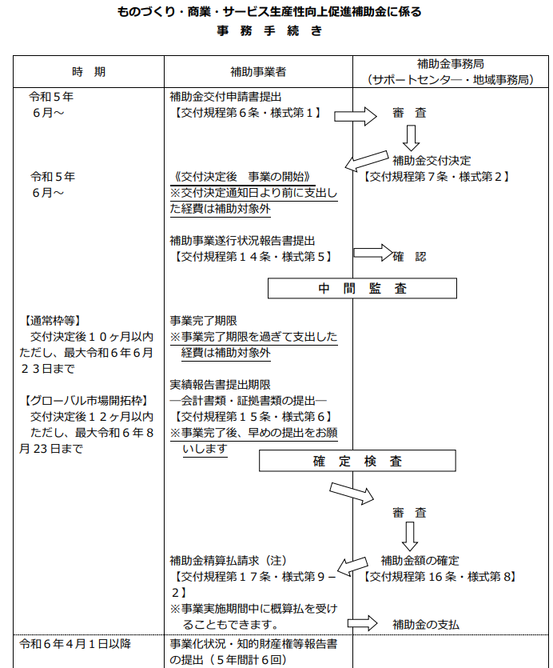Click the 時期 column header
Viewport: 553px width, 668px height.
[x=88, y=72]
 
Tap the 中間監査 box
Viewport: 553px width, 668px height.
[x=361, y=289]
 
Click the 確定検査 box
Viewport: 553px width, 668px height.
[x=356, y=461]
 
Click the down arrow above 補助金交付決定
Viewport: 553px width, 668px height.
[x=411, y=139]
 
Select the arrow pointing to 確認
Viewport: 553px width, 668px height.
[x=372, y=253]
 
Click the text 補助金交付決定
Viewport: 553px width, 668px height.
[x=436, y=160]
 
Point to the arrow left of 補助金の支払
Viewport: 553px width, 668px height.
[x=361, y=622]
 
